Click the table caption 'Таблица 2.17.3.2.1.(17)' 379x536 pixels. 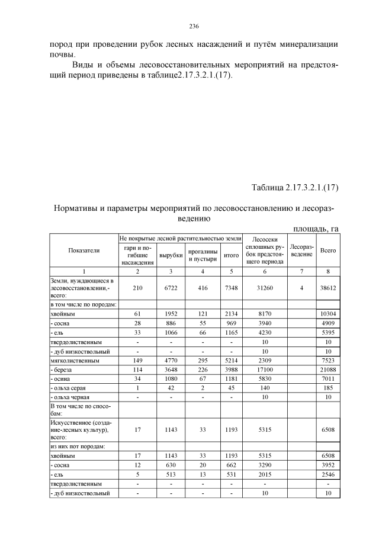pyautogui.click(x=294, y=188)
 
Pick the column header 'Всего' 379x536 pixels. pyautogui.click(x=327, y=251)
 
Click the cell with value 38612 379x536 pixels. pyautogui.click(x=327, y=286)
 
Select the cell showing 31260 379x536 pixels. pyautogui.click(x=264, y=286)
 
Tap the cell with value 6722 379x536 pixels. pyautogui.click(x=171, y=286)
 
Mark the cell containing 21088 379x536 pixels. pyautogui.click(x=327, y=369)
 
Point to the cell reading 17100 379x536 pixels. pyautogui.click(x=264, y=369)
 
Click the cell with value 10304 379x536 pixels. pyautogui.click(x=327, y=314)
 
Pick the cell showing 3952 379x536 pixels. pyautogui.click(x=327, y=466)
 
